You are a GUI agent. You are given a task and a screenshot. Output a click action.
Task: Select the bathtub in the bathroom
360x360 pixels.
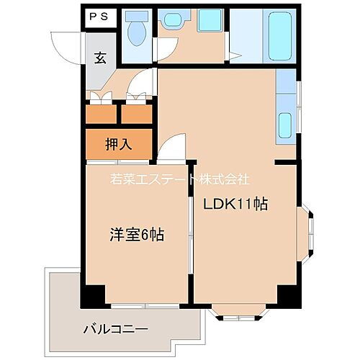(277, 37)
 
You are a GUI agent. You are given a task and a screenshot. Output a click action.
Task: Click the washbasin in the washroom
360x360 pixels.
(171, 22)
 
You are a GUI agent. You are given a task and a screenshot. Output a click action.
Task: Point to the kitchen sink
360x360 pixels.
(285, 125)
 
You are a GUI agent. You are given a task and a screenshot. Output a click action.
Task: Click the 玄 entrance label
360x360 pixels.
(100, 60)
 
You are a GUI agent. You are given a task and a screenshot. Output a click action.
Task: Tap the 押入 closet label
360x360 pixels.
(119, 144)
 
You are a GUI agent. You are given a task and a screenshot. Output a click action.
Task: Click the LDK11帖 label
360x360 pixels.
(235, 204)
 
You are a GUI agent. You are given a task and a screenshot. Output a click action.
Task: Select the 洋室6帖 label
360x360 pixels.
(135, 234)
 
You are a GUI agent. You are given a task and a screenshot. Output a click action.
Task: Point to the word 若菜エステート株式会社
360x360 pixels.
(179, 179)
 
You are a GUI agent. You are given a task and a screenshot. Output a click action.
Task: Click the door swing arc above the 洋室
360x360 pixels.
(172, 149)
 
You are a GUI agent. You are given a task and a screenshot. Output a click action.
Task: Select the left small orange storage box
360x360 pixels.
(100, 114)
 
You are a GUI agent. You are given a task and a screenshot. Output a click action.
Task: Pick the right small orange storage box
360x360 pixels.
(135, 114)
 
